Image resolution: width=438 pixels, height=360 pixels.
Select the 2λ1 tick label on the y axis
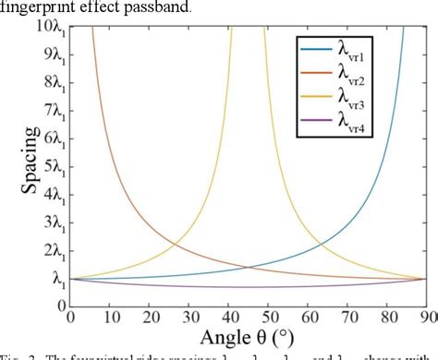(x=50, y=250)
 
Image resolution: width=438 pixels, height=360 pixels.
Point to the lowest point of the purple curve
(x=248, y=287)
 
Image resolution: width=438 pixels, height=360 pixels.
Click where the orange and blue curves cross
(x=248, y=267)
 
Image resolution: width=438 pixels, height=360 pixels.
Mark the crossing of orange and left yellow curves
(x=176, y=244)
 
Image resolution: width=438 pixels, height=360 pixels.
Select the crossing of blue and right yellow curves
(x=320, y=244)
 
